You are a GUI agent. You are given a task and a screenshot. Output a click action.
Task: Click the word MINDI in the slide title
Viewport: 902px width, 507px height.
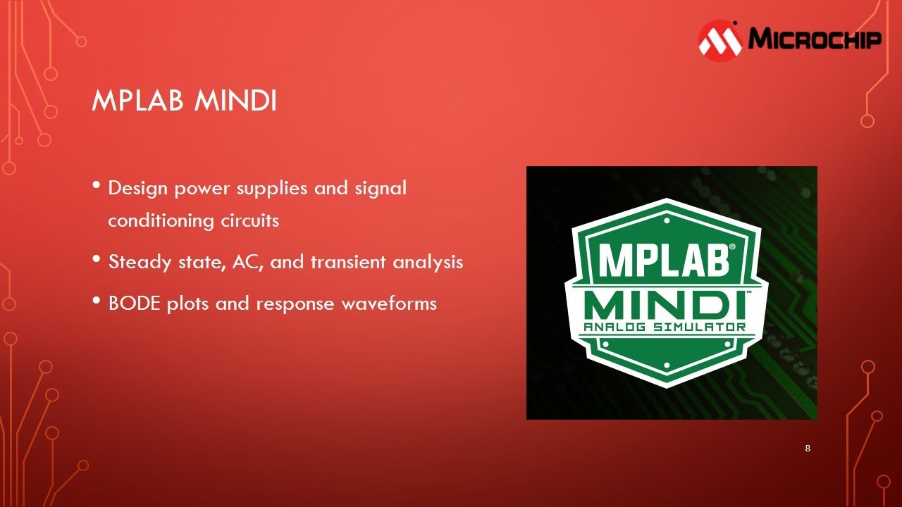point(235,102)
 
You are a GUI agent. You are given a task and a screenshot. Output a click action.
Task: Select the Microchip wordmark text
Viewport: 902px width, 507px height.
point(814,38)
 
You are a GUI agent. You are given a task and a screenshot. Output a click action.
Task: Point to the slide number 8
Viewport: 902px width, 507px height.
point(808,449)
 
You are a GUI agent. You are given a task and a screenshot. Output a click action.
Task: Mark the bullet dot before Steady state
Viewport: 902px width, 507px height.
point(97,259)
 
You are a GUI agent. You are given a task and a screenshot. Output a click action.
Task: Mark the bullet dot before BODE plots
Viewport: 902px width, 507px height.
point(97,301)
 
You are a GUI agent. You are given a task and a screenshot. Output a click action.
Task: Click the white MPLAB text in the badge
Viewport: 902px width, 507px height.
point(662,260)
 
